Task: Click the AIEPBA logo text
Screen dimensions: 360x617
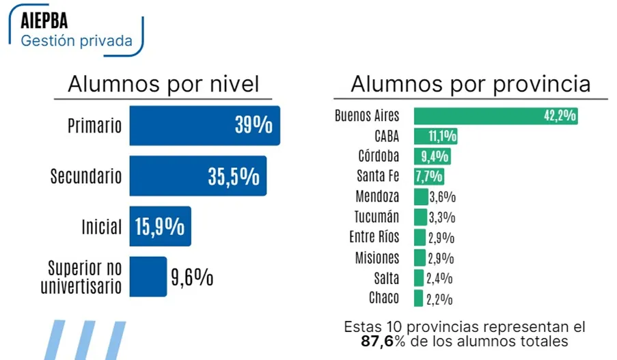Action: click(44, 20)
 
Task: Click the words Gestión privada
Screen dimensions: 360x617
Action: click(77, 40)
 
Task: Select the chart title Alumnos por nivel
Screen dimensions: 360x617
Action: click(163, 84)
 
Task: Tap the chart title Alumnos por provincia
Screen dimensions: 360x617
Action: click(470, 84)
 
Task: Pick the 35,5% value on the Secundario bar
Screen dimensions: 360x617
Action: click(234, 176)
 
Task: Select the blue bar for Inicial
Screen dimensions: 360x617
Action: click(160, 227)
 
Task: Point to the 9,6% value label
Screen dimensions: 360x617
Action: click(192, 277)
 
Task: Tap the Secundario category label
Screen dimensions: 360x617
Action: click(86, 176)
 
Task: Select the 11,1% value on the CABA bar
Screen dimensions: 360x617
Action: click(442, 136)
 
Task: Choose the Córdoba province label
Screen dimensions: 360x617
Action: click(379, 156)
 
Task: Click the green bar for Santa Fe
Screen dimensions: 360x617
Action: click(428, 177)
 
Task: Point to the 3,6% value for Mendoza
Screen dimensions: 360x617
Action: click(442, 197)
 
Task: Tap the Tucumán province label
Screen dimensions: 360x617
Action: click(376, 217)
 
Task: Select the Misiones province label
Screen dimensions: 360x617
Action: click(377, 258)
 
